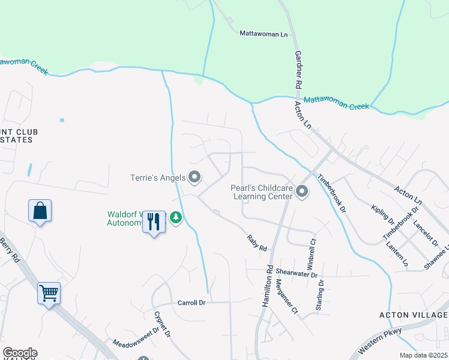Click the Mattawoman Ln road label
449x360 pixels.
click(264, 34)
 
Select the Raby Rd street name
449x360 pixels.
click(256, 243)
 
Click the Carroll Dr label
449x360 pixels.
click(191, 303)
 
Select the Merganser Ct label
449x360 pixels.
click(286, 296)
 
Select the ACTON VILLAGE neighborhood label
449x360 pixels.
click(414, 315)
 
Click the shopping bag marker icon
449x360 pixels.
click(40, 211)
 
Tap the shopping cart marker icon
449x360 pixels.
click(49, 294)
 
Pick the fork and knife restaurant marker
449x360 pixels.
click(154, 222)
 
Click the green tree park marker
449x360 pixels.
click(176, 217)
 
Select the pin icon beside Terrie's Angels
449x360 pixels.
click(194, 177)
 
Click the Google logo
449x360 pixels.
click(20, 353)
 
